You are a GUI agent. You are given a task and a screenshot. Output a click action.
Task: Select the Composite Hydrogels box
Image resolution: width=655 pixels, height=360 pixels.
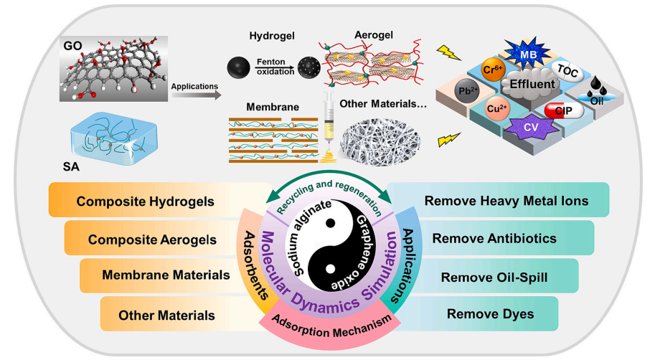(x=146, y=201)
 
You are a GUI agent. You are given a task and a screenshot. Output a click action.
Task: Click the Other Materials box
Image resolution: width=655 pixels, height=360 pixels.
(x=166, y=314)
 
